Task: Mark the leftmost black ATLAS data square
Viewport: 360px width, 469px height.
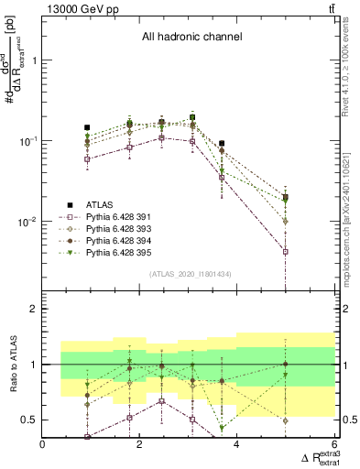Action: click(x=87, y=127)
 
